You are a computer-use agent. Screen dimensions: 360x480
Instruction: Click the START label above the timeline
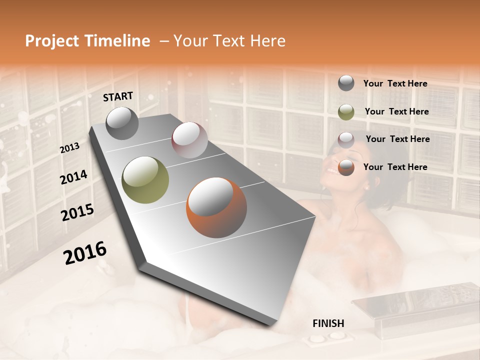118,96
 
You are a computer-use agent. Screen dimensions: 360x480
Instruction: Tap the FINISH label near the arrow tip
328,323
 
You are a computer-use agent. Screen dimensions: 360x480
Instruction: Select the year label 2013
69,148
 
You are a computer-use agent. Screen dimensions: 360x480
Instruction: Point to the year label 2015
77,212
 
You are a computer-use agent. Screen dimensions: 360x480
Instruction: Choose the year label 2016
85,253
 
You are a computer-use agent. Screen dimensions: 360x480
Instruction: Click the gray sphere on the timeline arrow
122,123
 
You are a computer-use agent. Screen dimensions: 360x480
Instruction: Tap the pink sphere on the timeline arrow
189,140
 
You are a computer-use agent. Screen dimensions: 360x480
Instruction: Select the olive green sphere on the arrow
145,180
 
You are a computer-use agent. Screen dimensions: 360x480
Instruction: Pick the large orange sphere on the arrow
216,207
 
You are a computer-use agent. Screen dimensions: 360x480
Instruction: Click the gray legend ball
346,83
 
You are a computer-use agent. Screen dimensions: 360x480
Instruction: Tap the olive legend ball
346,111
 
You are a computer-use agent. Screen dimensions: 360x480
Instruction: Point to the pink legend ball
346,139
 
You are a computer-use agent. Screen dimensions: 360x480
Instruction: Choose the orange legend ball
346,167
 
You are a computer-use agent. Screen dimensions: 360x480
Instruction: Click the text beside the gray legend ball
395,83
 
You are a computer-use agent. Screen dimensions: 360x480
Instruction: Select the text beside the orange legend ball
395,167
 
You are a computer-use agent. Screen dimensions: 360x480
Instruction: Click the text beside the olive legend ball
396,111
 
